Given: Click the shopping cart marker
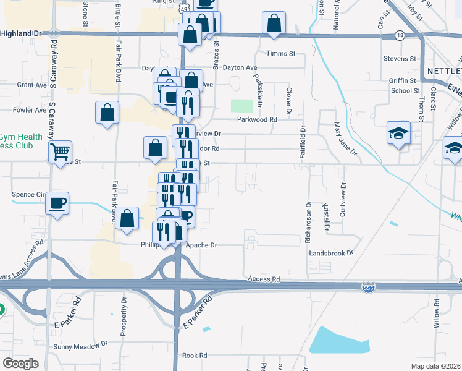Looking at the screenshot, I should coord(60,151).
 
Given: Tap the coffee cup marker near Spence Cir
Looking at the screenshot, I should coord(57,203).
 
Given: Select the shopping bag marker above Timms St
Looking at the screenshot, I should coord(274,23).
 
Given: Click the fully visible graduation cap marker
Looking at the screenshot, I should coord(398,133).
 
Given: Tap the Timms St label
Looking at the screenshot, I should coord(280,54).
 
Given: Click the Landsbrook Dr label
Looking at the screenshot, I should coord(331,253).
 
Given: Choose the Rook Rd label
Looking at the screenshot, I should coord(195,356).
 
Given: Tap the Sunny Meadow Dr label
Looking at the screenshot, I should coord(80,346).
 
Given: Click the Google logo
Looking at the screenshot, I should coord(21,364).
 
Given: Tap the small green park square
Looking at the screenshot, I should coord(242,106).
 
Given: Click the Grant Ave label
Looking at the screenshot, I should coord(32,84).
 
